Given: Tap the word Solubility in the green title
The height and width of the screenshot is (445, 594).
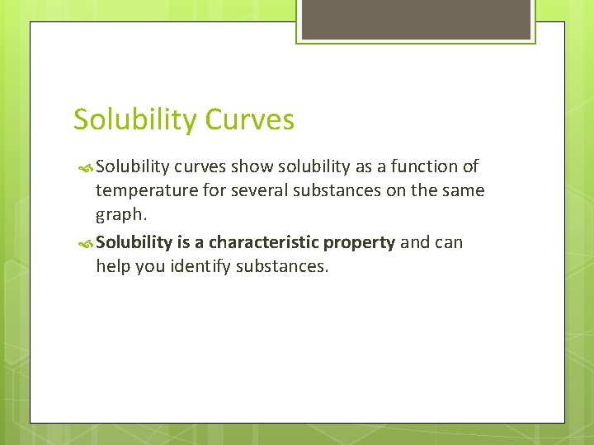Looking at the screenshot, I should click(x=135, y=119).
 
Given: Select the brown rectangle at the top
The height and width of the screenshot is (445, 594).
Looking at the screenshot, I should click(x=416, y=19).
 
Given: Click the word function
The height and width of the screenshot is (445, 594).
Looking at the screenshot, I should click(x=425, y=166).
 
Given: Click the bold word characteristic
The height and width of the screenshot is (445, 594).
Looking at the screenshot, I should click(x=263, y=242).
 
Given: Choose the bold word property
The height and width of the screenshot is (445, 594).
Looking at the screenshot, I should click(x=359, y=242).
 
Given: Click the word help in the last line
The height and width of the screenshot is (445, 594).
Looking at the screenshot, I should click(x=113, y=267).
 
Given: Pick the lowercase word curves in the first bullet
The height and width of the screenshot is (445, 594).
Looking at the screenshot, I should click(x=200, y=166).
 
